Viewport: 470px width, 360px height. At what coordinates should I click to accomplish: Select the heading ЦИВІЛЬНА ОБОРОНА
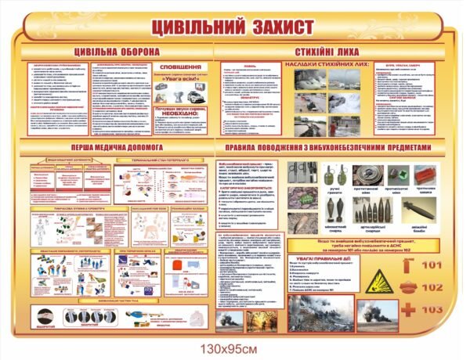[117, 52]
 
